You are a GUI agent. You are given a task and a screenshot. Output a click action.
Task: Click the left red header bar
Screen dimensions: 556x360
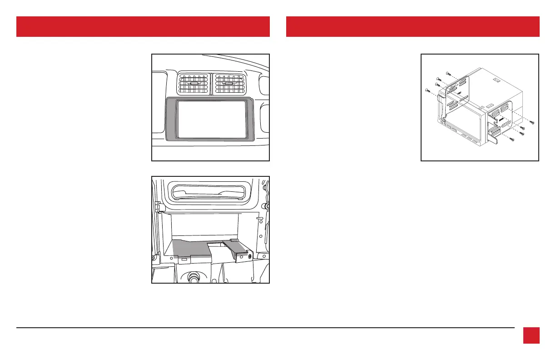tap(143, 26)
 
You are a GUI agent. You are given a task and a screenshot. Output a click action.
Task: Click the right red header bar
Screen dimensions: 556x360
tap(412, 26)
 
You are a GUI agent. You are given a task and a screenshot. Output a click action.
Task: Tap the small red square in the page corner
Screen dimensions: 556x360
tap(531, 335)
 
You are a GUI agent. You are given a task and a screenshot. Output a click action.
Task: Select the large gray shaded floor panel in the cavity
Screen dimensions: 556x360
tap(191, 248)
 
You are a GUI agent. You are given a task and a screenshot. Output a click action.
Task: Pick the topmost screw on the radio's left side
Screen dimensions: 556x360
tap(448, 72)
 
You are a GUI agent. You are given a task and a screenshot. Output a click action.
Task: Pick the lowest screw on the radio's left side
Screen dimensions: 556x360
tap(427, 90)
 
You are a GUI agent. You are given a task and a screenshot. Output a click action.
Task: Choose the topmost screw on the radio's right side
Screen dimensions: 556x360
tap(532, 123)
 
